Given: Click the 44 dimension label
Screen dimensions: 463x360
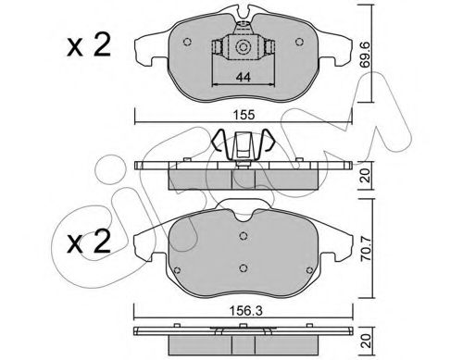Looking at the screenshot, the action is (x=243, y=77).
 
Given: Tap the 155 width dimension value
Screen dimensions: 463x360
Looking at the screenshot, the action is (x=244, y=115).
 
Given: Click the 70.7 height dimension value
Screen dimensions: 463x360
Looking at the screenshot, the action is (x=366, y=249).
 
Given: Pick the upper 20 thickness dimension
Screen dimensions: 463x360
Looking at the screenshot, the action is (x=366, y=176).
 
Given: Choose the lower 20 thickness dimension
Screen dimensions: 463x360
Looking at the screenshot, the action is (x=366, y=341).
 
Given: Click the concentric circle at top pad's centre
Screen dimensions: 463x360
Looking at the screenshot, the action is (x=242, y=47).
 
